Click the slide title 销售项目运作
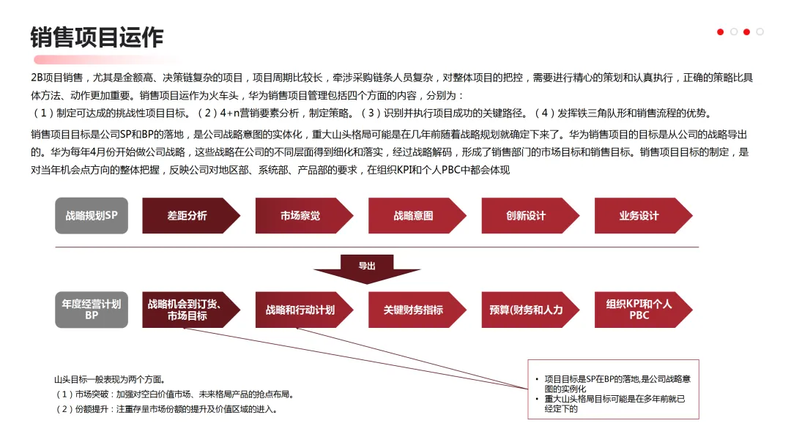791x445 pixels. [x=97, y=37]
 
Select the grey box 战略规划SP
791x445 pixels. [x=92, y=216]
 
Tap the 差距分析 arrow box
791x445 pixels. [x=187, y=216]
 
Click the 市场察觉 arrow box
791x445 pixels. [x=300, y=216]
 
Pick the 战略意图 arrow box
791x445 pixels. [x=414, y=216]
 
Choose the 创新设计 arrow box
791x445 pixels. [x=527, y=216]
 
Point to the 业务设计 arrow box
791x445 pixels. [x=639, y=216]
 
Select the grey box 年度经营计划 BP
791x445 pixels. [x=92, y=310]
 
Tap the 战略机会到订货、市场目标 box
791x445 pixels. [x=187, y=310]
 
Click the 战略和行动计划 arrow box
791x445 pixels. [x=300, y=310]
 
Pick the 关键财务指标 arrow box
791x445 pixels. [x=414, y=310]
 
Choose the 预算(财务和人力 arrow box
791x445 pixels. [x=527, y=310]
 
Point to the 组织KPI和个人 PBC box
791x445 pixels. [x=639, y=310]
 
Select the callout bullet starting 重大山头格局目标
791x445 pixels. [x=615, y=404]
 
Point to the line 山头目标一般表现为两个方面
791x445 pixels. [x=109, y=379]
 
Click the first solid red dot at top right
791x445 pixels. [x=721, y=31]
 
